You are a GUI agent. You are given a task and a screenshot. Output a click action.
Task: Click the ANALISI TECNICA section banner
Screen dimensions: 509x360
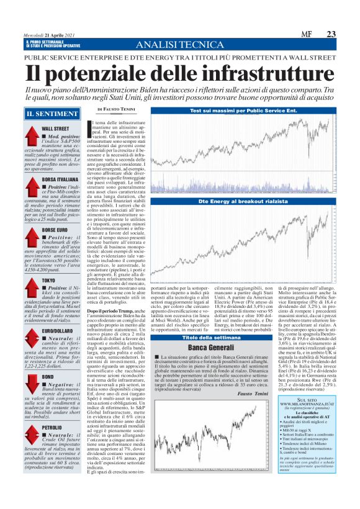pyautogui.click(x=179, y=45)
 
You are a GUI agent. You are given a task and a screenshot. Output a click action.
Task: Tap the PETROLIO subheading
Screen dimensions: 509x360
pyautogui.click(x=52, y=427)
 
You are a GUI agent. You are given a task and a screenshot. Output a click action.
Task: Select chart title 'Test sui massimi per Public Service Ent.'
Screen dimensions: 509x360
pyautogui.click(x=243, y=110)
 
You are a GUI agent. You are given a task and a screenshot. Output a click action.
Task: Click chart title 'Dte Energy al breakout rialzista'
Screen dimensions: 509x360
pyautogui.click(x=243, y=202)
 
